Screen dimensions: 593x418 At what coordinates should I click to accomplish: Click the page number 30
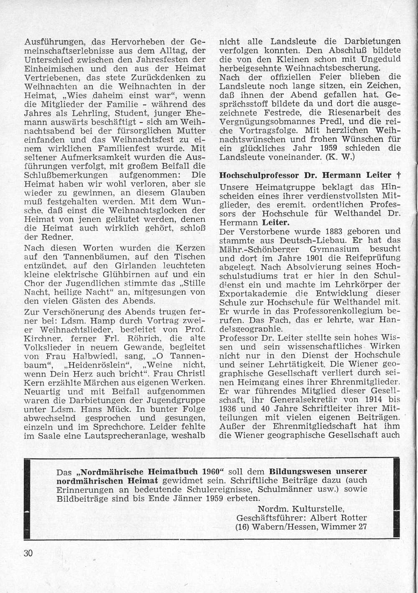click(28, 553)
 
